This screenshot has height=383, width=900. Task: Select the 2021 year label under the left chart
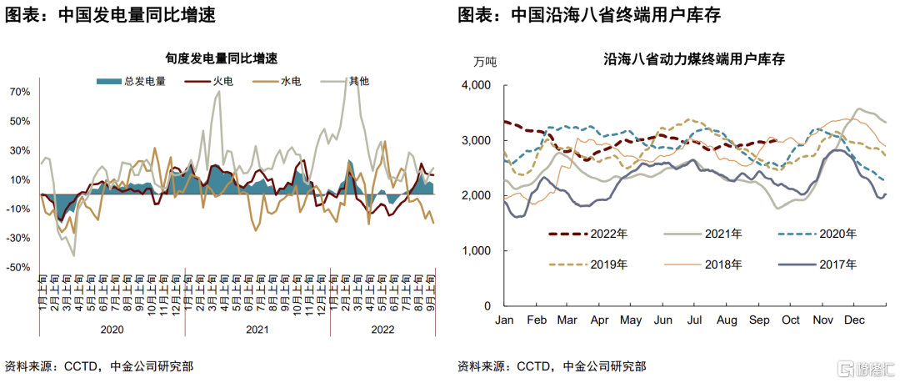257,330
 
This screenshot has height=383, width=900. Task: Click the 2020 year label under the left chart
112,330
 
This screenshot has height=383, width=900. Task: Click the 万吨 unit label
485,61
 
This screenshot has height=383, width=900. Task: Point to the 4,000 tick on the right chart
476,85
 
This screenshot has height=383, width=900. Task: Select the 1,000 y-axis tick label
476,251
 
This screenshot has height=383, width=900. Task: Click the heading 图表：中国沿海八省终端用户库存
589,15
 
